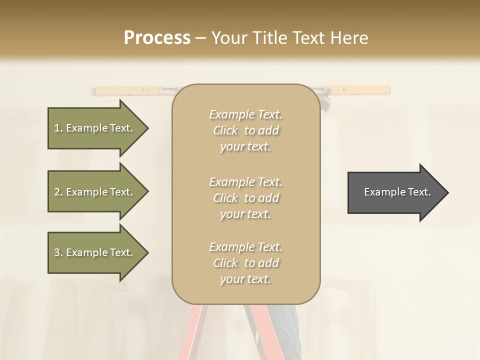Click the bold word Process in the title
(x=157, y=37)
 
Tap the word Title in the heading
(x=271, y=37)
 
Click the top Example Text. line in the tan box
(x=245, y=114)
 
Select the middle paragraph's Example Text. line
(x=245, y=181)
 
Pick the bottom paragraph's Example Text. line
(x=245, y=247)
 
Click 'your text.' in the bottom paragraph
(x=245, y=279)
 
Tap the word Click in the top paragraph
(x=225, y=131)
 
